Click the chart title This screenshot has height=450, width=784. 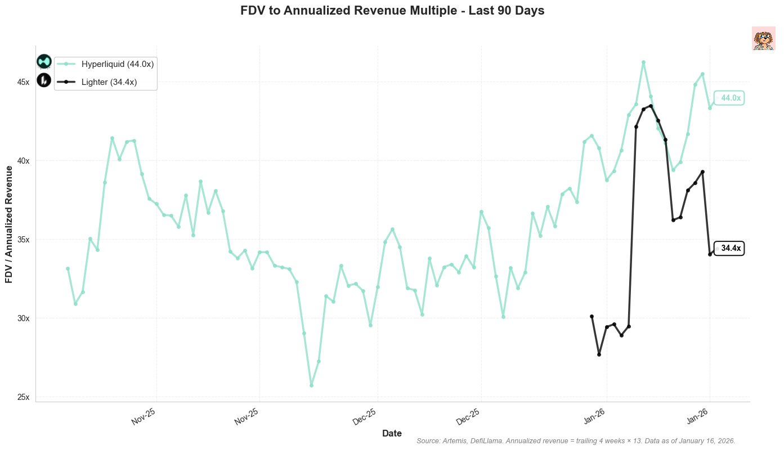pyautogui.click(x=392, y=11)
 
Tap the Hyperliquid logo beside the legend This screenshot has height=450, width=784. pyautogui.click(x=44, y=62)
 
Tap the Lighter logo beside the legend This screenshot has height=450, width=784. pyautogui.click(x=44, y=80)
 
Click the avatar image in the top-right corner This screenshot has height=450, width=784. pyautogui.click(x=764, y=39)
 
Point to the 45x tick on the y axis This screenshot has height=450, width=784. pyautogui.click(x=23, y=82)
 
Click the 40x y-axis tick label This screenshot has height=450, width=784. pyautogui.click(x=23, y=161)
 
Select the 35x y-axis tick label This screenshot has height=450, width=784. pyautogui.click(x=23, y=240)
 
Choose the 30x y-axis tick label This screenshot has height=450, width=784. pyautogui.click(x=23, y=318)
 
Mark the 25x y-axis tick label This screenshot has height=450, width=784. pyautogui.click(x=23, y=397)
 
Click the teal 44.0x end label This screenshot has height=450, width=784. pyautogui.click(x=730, y=98)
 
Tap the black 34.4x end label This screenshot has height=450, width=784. pyautogui.click(x=730, y=248)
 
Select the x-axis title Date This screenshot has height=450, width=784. pyautogui.click(x=392, y=433)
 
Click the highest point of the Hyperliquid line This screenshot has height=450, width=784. pyautogui.click(x=643, y=62)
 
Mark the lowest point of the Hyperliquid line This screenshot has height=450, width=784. pyautogui.click(x=311, y=385)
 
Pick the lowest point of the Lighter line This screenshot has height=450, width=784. pyautogui.click(x=599, y=354)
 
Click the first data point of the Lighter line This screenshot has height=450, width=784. pyautogui.click(x=592, y=317)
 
